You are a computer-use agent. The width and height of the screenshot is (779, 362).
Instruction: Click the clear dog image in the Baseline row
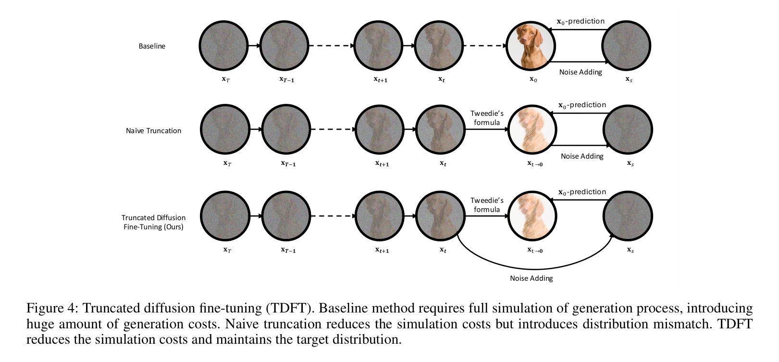(531, 46)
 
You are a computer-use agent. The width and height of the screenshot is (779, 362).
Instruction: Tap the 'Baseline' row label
(152, 46)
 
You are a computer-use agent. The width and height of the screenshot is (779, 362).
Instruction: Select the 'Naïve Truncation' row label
(153, 131)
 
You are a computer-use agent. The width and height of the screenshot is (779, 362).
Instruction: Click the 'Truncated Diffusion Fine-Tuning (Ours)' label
(153, 222)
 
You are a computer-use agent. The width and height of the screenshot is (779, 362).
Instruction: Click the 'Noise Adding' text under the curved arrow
(531, 278)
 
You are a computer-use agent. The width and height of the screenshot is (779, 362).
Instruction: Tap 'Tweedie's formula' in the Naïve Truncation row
(487, 118)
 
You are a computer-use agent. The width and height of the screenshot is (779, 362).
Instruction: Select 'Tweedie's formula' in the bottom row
(487, 205)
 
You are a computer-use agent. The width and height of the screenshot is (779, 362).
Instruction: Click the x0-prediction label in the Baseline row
(581, 21)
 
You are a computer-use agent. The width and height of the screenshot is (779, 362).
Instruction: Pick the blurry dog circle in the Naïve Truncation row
(532, 130)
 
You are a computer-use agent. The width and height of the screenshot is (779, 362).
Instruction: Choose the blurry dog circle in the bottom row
(532, 216)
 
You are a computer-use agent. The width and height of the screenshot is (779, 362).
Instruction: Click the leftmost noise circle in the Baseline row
(223, 46)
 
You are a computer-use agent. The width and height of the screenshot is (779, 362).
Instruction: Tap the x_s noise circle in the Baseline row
(627, 46)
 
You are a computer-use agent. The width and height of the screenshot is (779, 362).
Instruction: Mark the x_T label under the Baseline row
(225, 79)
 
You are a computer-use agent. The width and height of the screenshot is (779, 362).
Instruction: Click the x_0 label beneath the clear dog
(533, 79)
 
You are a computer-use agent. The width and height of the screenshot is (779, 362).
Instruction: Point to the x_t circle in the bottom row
(440, 216)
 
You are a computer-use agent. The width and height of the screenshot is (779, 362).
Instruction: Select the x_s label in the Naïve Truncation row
(630, 163)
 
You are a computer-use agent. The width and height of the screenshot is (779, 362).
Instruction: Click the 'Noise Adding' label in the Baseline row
(581, 72)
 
